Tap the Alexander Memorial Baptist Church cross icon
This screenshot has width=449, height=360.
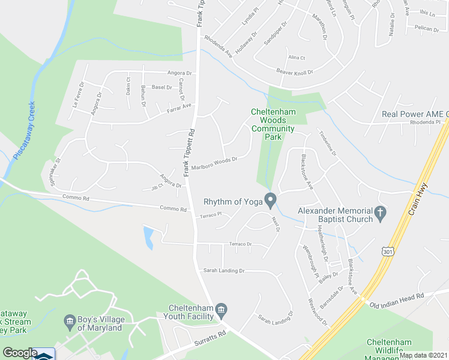(x=379, y=212)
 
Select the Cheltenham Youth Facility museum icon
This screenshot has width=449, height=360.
(x=221, y=310)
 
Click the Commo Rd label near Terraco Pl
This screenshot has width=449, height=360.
(x=173, y=208)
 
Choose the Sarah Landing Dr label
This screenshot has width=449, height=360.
(x=224, y=271)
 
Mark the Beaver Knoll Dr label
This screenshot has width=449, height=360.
(x=295, y=73)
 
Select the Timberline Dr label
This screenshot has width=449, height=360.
(x=328, y=144)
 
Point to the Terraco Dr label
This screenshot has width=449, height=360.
(x=240, y=244)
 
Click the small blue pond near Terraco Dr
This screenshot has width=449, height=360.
(x=148, y=236)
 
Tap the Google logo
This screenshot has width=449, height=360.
(x=19, y=353)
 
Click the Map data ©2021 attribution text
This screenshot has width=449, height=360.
(x=423, y=355)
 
